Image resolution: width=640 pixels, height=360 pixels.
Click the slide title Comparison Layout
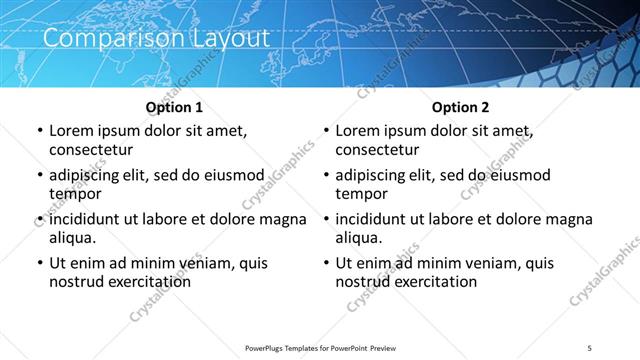click(x=156, y=39)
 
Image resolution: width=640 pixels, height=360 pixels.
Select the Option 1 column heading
click(x=174, y=107)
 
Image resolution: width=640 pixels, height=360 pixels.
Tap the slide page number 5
click(x=591, y=348)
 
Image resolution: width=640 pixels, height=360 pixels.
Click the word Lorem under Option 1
click(x=72, y=131)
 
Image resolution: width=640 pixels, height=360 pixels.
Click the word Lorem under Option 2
click(x=358, y=131)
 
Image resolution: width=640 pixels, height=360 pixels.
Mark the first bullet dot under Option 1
click(x=38, y=132)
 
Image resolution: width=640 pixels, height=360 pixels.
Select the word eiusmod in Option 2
click(x=518, y=175)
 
